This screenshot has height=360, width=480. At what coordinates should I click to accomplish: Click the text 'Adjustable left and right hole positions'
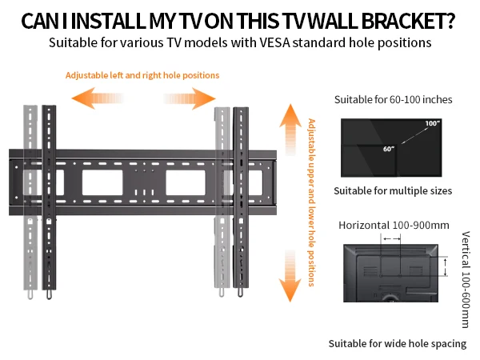(x=142, y=76)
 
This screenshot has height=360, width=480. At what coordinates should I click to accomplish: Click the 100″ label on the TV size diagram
(x=433, y=124)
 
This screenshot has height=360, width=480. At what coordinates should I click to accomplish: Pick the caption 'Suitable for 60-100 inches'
(x=393, y=100)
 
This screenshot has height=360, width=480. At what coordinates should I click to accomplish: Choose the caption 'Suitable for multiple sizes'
(x=393, y=190)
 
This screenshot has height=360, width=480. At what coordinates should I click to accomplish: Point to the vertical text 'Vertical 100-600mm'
(x=466, y=280)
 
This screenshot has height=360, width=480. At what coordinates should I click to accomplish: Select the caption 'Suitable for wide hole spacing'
(x=397, y=343)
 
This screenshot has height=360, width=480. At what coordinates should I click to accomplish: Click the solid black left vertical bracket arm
(x=49, y=200)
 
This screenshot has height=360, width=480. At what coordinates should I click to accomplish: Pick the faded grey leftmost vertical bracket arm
(x=30, y=200)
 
